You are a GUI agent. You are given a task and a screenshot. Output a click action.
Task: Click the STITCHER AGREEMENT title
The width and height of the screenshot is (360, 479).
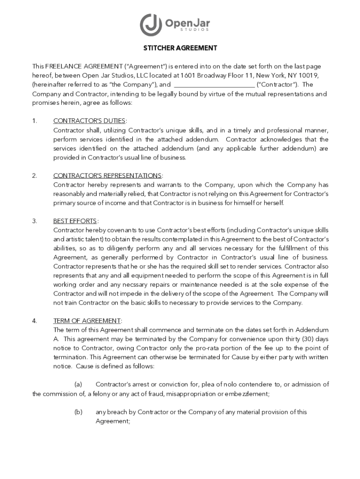point(180,48)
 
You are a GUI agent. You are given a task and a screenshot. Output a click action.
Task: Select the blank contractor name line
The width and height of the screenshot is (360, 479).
point(214,85)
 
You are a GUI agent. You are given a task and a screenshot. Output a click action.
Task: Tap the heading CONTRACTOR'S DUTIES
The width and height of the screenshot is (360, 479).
point(89,121)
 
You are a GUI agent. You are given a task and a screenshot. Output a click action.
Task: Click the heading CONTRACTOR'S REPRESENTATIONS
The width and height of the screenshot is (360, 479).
point(108,175)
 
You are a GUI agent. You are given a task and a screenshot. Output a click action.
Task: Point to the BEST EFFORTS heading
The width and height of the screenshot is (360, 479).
point(75,221)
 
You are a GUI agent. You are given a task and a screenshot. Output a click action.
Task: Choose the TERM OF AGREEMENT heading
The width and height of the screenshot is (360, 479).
point(87,321)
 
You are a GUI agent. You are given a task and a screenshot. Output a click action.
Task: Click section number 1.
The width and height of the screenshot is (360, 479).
point(35,121)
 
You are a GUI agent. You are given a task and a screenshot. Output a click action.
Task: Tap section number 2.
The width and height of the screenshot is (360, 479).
point(35,175)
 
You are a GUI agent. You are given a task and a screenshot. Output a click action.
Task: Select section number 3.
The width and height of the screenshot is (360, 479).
point(35,221)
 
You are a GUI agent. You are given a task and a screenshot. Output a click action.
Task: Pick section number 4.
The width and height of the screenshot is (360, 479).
point(35,321)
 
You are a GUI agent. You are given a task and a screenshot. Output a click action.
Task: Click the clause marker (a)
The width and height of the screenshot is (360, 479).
point(79,385)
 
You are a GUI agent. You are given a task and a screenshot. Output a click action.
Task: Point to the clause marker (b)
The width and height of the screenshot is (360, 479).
point(79,412)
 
